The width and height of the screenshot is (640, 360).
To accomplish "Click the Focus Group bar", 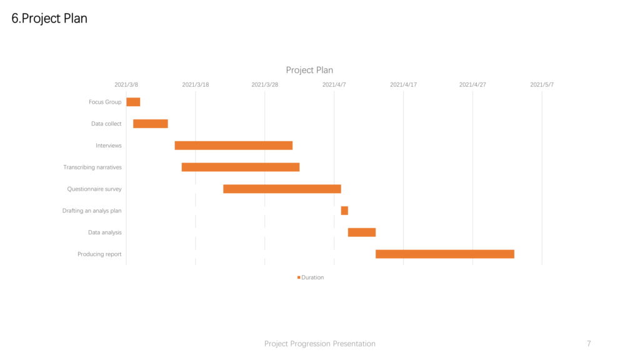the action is coord(133,102).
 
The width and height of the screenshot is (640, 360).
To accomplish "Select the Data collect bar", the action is coord(151,124).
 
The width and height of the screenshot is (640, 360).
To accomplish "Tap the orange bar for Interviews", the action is coord(234,145).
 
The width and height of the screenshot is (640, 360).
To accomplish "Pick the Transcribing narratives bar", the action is coord(241,167).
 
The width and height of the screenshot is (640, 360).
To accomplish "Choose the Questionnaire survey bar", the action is coord(282,189).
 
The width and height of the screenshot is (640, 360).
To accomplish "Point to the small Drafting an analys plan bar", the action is coord(344,211).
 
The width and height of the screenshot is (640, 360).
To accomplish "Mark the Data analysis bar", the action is coord(362,232).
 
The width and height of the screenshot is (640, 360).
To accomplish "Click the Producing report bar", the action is coord(445,254).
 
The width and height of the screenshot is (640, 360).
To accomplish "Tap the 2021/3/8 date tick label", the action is coord(126,85).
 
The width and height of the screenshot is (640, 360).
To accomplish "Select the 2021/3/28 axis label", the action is coord(264,85).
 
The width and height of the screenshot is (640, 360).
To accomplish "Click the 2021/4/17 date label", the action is coord(403,85).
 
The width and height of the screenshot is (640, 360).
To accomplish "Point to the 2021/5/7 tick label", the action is coord(542,85).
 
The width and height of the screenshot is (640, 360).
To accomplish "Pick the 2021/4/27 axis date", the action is coord(472,85).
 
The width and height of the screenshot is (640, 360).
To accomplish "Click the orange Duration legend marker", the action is coord(299,277).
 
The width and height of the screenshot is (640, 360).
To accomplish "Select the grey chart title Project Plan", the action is coord(309,70).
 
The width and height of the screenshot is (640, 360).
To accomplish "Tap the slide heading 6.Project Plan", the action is coord(49,19).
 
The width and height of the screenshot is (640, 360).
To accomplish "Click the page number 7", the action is coord(589,344).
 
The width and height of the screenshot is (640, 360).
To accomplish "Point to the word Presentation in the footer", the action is coord(354,344).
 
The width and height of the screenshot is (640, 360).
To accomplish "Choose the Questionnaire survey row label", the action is coord(94,189).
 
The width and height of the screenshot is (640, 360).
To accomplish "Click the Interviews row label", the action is coord(109,145).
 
